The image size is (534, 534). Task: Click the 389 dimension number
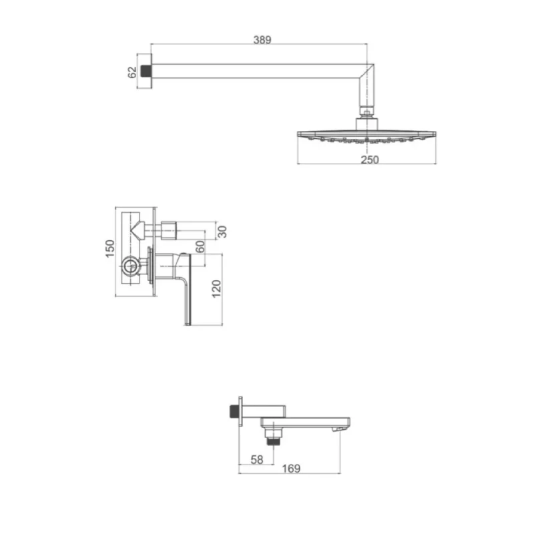pos(262,40)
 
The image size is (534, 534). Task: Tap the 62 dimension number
pos(131,72)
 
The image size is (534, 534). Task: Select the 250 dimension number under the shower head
pos(370,160)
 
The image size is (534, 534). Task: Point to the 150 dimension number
pos(110,248)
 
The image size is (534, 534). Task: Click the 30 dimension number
pos(222,232)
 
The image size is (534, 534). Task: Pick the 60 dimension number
pos(200,246)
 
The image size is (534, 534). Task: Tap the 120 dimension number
pos(216,289)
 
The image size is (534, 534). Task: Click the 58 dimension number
pos(257,460)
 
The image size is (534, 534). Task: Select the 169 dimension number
pos(291,469)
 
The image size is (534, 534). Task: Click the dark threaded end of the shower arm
pos(146,71)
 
